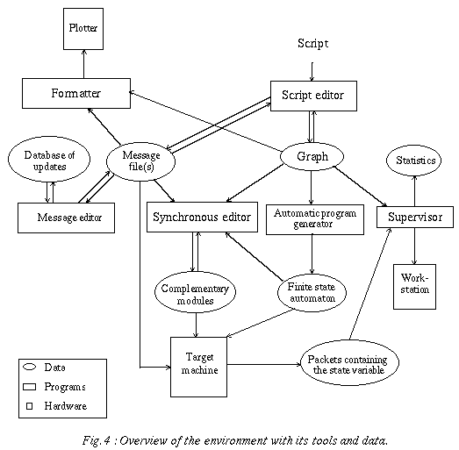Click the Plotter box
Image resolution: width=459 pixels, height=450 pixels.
point(83,29)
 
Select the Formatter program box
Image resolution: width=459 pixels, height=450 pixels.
point(76,93)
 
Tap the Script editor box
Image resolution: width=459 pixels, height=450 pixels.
point(313,96)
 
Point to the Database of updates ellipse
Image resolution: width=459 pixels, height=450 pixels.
point(49,159)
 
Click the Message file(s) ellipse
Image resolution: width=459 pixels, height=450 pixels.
point(140,161)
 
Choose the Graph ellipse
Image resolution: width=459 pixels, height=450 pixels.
point(312,156)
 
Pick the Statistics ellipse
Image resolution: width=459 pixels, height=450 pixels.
point(414,161)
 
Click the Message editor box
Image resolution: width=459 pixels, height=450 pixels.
point(66,218)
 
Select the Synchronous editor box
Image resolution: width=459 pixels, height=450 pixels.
point(202,217)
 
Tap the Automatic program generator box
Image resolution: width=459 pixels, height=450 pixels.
point(315,219)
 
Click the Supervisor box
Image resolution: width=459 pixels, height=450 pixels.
point(415,217)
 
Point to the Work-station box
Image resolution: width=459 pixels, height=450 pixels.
point(414,287)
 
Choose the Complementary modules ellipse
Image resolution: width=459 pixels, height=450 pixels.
point(195,293)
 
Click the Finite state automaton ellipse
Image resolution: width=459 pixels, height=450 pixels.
point(312,293)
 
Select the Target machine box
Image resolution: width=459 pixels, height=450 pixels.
point(198,367)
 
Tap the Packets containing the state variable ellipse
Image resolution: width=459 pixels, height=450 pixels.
point(350,363)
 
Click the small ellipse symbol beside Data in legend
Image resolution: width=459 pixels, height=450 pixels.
point(30,367)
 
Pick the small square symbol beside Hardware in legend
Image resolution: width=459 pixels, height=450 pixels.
point(29,406)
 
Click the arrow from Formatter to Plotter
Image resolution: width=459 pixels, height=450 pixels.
point(84,64)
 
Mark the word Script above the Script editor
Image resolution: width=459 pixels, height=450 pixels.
point(313,44)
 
